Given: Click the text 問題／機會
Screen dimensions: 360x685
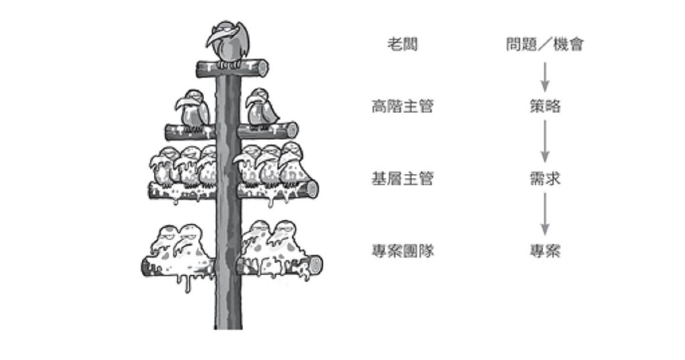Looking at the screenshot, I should (x=545, y=45).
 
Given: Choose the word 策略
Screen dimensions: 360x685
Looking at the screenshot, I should (x=545, y=106).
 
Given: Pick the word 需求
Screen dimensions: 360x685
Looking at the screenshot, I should (x=545, y=179).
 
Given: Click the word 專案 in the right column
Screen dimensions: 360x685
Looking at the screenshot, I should (x=545, y=251).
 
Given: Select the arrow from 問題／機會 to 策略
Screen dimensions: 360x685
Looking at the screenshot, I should (x=545, y=76).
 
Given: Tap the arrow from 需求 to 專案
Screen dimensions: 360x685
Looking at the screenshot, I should (x=545, y=214).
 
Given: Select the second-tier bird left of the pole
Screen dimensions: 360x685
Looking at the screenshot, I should (x=193, y=109).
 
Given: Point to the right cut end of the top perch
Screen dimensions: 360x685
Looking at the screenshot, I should (x=263, y=68).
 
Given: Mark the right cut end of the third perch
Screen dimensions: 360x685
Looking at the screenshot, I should (x=312, y=189).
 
